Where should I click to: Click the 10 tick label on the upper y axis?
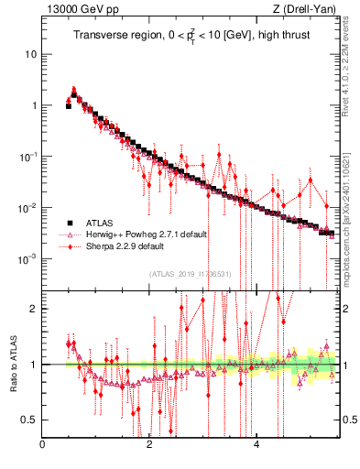30,54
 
